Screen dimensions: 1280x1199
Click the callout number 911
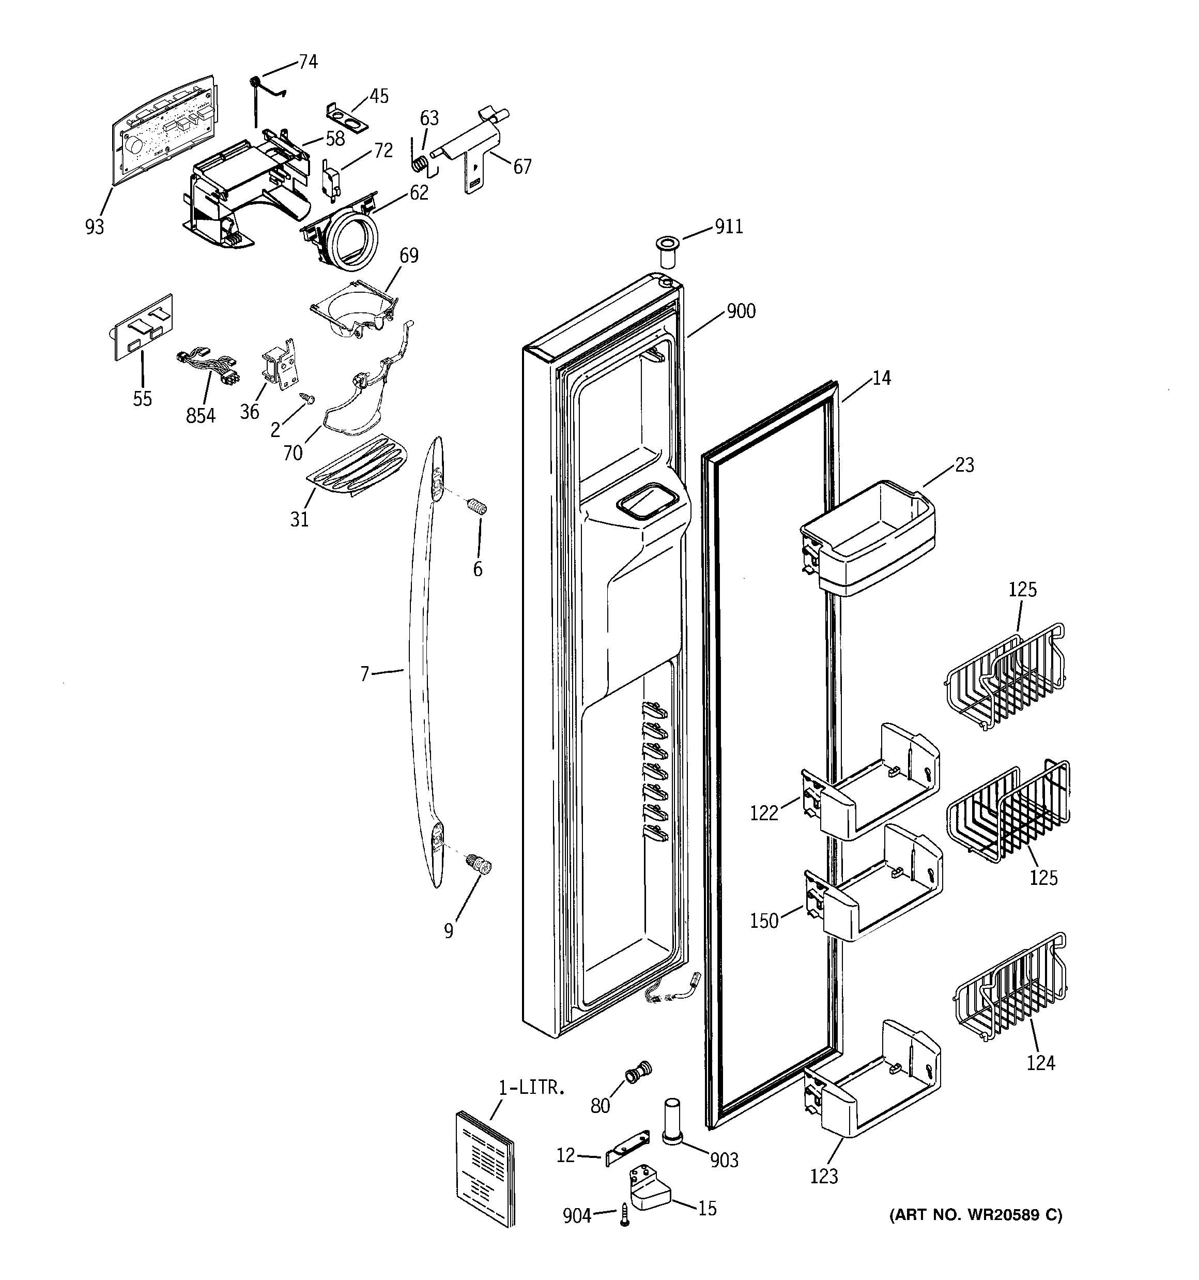(729, 227)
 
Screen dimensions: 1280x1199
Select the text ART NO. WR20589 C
(975, 1215)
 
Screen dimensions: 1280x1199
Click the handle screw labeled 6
(477, 507)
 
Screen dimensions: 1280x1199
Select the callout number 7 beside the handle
(365, 674)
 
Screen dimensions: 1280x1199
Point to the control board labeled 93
(164, 135)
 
